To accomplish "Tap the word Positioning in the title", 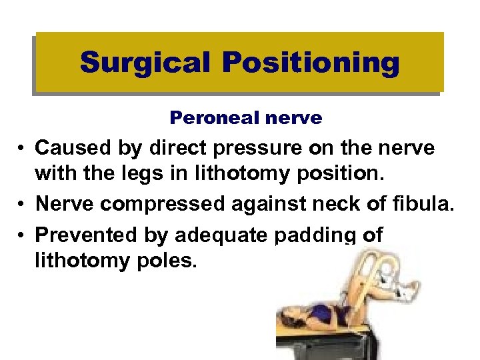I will point(311,63).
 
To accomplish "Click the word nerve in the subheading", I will point(292,119).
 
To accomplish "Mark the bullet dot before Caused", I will point(23,147).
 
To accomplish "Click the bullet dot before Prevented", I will point(23,235).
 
